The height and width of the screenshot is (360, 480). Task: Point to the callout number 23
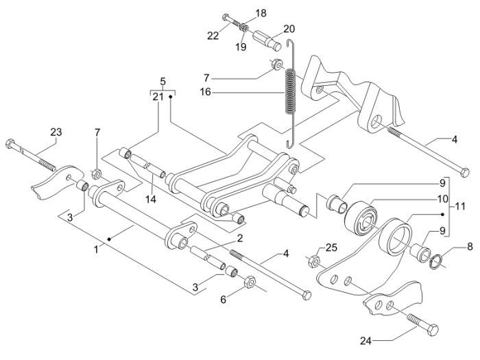[x=56, y=132]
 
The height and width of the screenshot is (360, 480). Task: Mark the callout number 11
[x=463, y=205]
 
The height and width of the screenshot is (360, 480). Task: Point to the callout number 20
[x=289, y=29]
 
